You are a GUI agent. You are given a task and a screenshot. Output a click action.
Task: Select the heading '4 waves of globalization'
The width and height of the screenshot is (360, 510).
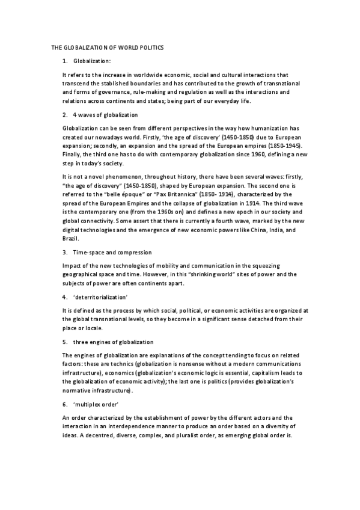pyautogui.click(x=105, y=114)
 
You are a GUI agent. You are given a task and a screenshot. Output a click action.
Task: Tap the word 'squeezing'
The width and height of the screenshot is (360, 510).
pyautogui.click(x=272, y=265)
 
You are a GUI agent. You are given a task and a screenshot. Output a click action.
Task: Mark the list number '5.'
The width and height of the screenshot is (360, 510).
pyautogui.click(x=65, y=342)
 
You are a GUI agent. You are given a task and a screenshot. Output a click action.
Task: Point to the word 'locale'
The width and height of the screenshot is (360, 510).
pyautogui.click(x=94, y=328)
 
